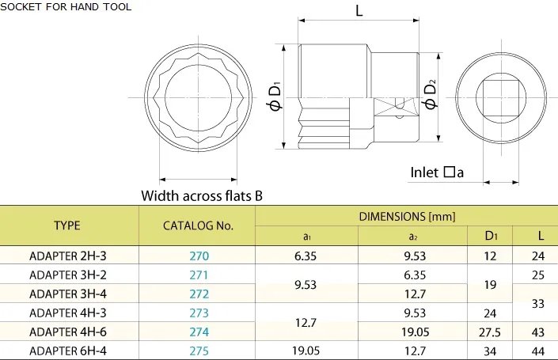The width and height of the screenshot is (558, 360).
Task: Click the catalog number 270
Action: click(x=199, y=256)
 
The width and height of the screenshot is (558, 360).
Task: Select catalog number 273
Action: click(x=199, y=313)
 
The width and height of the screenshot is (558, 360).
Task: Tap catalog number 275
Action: click(x=199, y=351)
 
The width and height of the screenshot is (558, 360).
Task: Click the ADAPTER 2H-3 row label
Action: click(x=68, y=256)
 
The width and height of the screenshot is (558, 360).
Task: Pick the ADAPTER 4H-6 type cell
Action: click(x=68, y=332)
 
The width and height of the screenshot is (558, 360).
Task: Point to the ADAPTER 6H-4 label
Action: click(x=68, y=351)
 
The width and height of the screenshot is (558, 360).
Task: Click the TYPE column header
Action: click(x=67, y=225)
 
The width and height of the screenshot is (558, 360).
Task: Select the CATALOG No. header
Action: click(x=198, y=225)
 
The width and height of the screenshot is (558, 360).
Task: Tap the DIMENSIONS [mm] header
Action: click(x=407, y=217)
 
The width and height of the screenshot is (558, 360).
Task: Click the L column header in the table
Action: click(x=541, y=236)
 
